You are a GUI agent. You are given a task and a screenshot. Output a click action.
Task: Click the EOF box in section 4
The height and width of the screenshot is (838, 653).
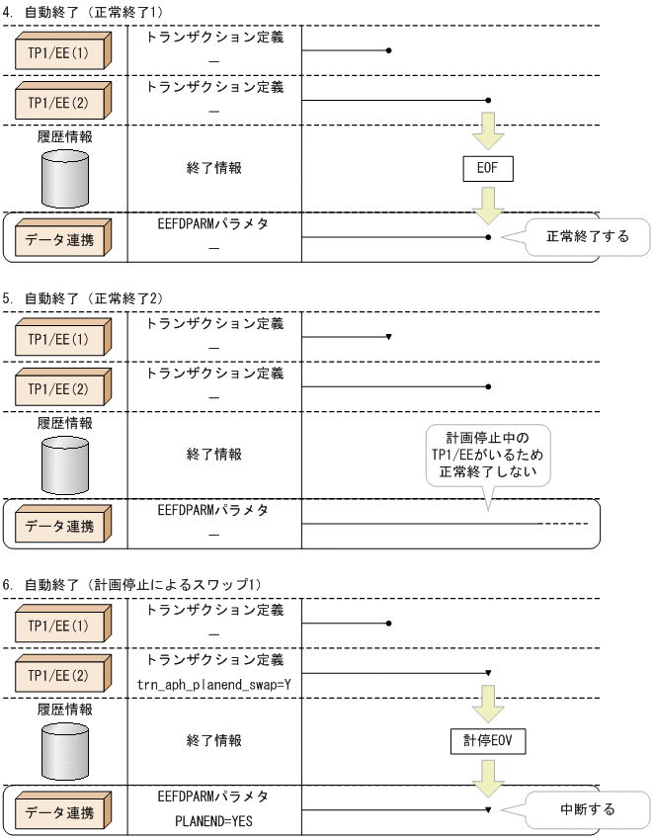point(488,168)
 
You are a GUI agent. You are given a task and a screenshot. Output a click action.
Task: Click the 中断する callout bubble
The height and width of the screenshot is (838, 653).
point(587,809)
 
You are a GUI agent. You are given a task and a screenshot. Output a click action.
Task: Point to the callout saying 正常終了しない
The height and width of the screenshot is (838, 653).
point(487,454)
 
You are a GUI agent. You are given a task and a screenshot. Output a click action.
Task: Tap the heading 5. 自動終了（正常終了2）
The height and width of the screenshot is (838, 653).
point(97,296)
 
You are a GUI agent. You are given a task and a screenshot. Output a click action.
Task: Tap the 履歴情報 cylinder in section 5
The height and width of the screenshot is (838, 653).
point(64,462)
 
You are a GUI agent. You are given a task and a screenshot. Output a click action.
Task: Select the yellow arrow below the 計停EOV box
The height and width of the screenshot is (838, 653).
point(488,776)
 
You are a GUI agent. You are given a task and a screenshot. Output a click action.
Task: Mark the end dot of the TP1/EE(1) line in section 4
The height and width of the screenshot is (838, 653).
point(390,49)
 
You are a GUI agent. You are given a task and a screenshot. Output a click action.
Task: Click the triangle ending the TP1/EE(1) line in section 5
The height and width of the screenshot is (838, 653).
point(389,337)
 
